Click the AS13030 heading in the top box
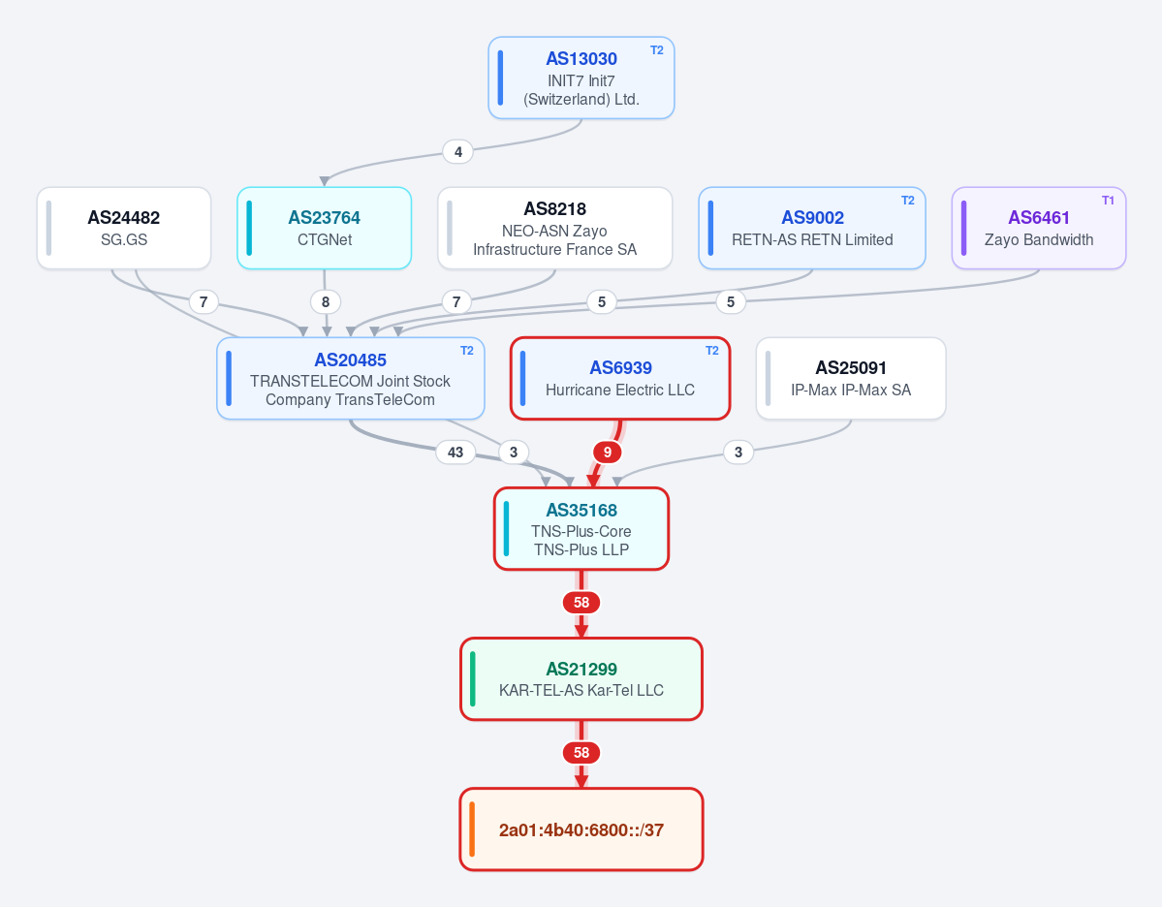[x=581, y=58]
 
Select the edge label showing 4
[x=458, y=152]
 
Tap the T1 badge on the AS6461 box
[x=1108, y=200]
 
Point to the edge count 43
[x=455, y=452]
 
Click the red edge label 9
[x=607, y=452]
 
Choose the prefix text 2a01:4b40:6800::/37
[x=581, y=829]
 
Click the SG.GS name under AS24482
[x=124, y=240]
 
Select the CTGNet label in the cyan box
[x=325, y=240]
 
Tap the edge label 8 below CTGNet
[x=326, y=301]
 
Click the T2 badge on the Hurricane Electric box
[x=712, y=351]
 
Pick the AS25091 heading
[x=851, y=367]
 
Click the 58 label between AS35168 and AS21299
[x=581, y=603]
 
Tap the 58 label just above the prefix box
[x=581, y=753]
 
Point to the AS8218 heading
[x=555, y=209]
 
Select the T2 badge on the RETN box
[x=908, y=200]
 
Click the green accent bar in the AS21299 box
[x=473, y=678]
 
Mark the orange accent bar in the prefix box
[x=473, y=829]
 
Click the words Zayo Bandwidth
[x=1039, y=240]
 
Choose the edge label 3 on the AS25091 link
[x=738, y=452]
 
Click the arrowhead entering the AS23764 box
[x=324, y=181]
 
